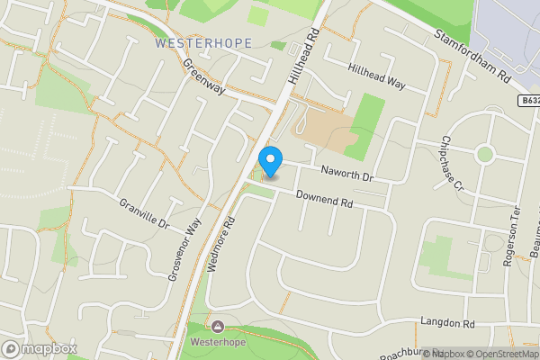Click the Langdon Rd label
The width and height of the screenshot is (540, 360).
tap(446, 322)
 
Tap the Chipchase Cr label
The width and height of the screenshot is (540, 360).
tap(451, 164)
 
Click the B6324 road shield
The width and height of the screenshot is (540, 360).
tap(529, 102)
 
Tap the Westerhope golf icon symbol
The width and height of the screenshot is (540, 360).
tap(216, 325)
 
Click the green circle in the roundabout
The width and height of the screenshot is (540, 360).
tap(485, 153)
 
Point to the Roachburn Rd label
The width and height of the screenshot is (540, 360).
tap(409, 355)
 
